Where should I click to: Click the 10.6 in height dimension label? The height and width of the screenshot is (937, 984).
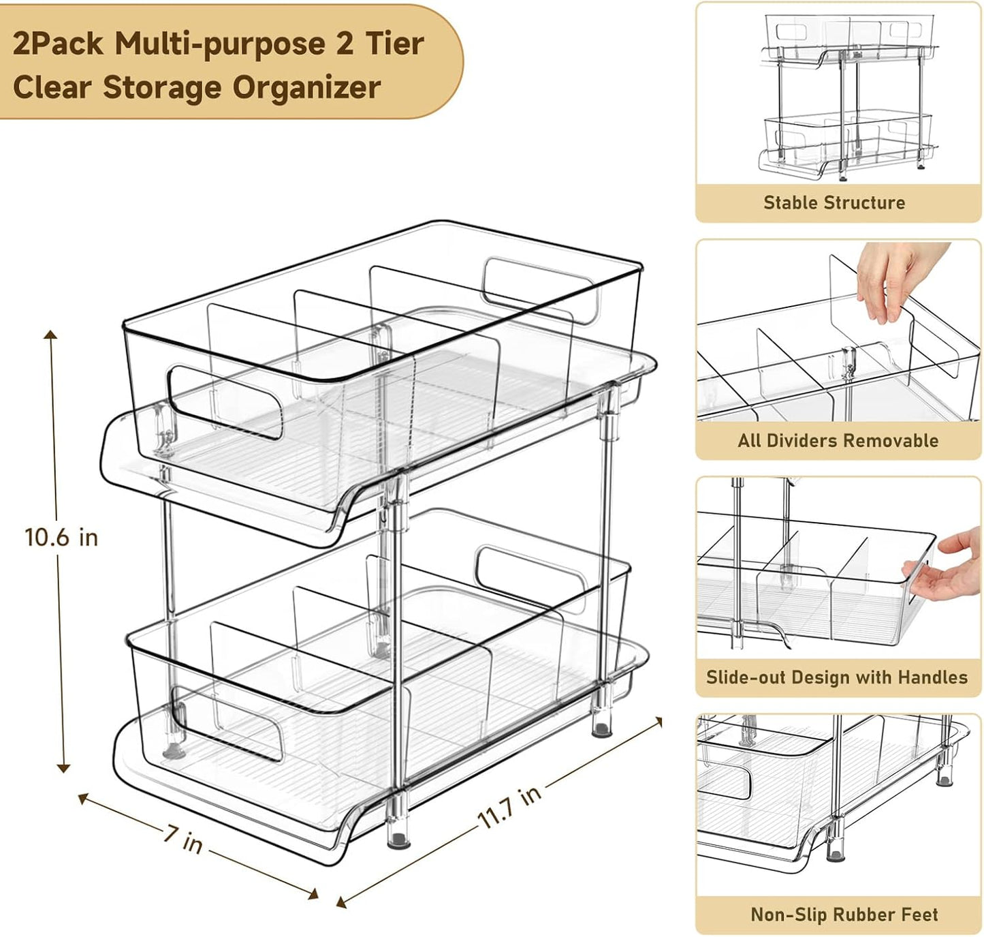(x=61, y=537)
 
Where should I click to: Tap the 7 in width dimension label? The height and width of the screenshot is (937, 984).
(x=183, y=839)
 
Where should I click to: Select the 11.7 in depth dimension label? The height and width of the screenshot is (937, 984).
(x=509, y=806)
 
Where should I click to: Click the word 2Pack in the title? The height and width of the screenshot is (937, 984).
(x=58, y=44)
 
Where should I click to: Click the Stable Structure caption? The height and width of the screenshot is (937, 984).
(x=834, y=202)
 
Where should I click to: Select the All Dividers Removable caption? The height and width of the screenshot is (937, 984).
(x=838, y=440)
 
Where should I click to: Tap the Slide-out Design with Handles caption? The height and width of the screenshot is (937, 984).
(x=837, y=677)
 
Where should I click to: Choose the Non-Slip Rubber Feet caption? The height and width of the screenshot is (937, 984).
(x=844, y=914)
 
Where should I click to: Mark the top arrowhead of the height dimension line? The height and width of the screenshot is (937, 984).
(x=50, y=335)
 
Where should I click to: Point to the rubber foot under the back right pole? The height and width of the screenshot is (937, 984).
(x=601, y=731)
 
